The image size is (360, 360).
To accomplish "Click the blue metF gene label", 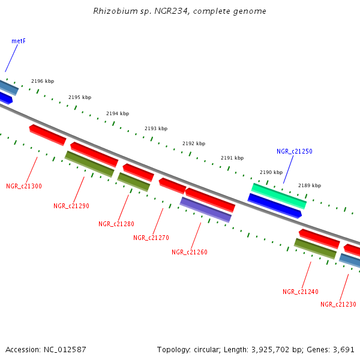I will [19, 41].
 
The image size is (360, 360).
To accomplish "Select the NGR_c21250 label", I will [294, 152].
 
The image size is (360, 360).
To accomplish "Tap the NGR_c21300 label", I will [24, 186].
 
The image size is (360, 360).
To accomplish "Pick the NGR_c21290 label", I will [71, 206].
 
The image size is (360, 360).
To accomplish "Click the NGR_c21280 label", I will [116, 224].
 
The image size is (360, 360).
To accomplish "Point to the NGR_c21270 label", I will [151, 238].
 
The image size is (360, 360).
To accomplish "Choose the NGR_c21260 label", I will [190, 252].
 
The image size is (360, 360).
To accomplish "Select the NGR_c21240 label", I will [300, 292].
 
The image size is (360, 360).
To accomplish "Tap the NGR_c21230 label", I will [338, 304].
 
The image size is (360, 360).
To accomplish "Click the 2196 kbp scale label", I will [43, 81].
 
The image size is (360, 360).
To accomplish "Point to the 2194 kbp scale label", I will [118, 113].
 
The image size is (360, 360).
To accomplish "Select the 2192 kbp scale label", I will [194, 143].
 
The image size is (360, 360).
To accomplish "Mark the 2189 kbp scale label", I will [310, 185].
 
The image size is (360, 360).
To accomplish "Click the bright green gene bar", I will [278, 196].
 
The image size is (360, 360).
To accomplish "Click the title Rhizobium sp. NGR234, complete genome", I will [180, 11].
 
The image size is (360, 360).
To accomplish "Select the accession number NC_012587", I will [65, 349].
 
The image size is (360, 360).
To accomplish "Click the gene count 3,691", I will [343, 349].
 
